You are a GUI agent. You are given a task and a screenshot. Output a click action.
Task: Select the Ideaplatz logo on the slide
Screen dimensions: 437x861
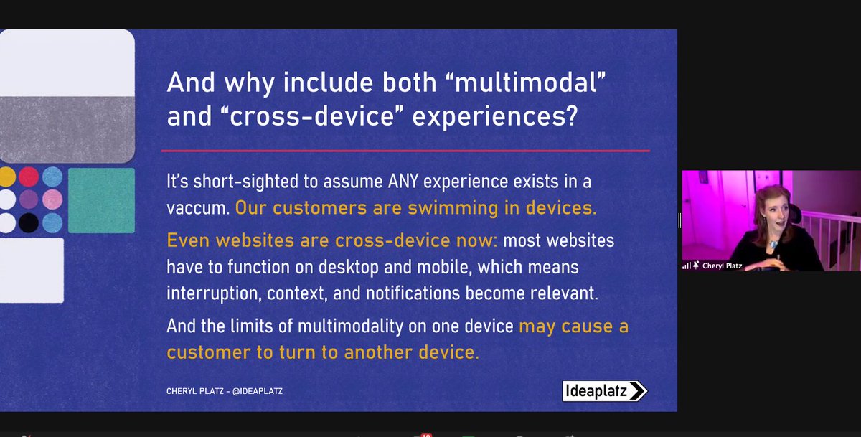point(604,390)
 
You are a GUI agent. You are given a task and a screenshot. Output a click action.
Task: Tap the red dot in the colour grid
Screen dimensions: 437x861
point(29,176)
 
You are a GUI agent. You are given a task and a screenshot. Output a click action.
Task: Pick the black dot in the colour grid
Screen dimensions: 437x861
point(29,222)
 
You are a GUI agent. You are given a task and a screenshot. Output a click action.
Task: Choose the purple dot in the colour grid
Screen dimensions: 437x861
point(29,199)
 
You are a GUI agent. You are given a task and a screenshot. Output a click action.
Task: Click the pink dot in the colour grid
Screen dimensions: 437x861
point(52,199)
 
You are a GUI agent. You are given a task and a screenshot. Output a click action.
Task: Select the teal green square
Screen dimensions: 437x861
point(101,200)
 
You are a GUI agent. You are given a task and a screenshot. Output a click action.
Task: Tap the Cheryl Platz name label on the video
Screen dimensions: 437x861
point(722,266)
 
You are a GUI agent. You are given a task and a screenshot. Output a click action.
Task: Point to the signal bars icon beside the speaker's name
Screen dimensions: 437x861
point(686,266)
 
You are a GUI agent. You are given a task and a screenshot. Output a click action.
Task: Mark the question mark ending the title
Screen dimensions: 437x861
point(570,117)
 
